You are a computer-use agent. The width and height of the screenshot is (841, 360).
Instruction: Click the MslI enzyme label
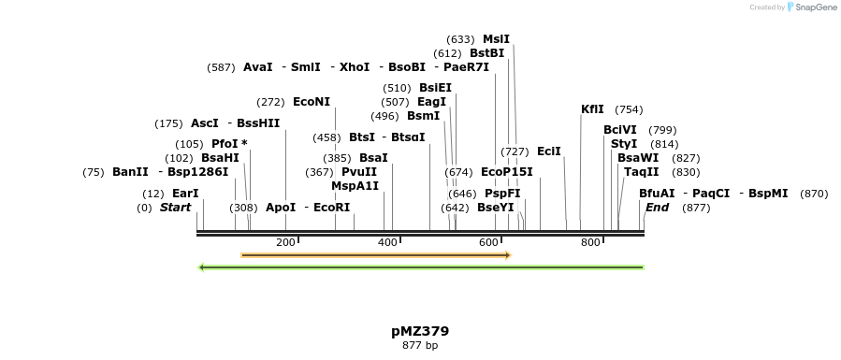tap(496, 39)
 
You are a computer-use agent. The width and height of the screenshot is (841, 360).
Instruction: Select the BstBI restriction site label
tap(486, 53)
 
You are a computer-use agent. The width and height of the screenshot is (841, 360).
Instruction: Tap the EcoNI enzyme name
tap(312, 101)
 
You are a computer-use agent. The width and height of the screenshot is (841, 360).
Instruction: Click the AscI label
tap(204, 123)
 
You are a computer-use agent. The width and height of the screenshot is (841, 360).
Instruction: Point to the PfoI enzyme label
tap(225, 144)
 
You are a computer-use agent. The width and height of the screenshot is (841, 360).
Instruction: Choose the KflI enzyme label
tap(592, 109)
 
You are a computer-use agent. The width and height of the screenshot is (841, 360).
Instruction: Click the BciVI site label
tap(620, 130)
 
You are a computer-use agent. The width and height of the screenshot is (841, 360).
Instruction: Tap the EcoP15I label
tap(506, 172)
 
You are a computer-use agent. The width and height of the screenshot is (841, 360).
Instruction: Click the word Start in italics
tap(175, 208)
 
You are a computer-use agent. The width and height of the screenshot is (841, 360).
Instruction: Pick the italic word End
tap(657, 208)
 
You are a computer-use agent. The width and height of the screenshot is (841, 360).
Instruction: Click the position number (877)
tap(697, 208)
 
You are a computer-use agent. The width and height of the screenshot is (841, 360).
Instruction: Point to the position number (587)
tap(222, 67)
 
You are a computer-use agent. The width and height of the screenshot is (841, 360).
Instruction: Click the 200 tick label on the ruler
tap(286, 243)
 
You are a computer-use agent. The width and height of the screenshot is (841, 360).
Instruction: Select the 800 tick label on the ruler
tap(590, 243)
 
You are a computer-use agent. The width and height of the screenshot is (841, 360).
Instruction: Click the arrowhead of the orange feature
tap(507, 255)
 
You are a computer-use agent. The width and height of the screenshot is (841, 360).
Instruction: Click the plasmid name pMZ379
tap(420, 331)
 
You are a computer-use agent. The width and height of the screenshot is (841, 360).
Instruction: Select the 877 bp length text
tap(420, 346)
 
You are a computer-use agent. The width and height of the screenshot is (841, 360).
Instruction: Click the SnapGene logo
tap(812, 7)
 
